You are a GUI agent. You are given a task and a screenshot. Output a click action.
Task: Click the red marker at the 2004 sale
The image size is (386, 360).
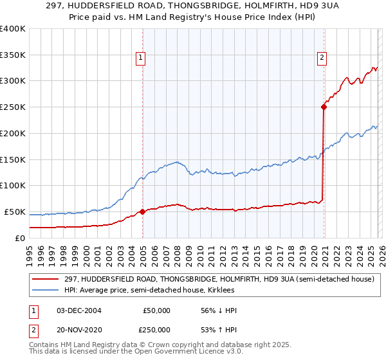tap(142, 212)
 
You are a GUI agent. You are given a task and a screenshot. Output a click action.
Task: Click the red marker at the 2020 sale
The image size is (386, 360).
tap(324, 107)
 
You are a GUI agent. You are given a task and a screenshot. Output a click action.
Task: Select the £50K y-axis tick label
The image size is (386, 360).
tap(14, 212)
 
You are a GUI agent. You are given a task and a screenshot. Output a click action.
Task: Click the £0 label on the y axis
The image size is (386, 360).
tap(21, 238)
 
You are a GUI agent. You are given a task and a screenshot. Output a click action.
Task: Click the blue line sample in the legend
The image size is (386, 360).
tap(46, 291)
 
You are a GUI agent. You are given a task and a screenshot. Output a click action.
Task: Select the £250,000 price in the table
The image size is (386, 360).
tap(156, 330)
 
